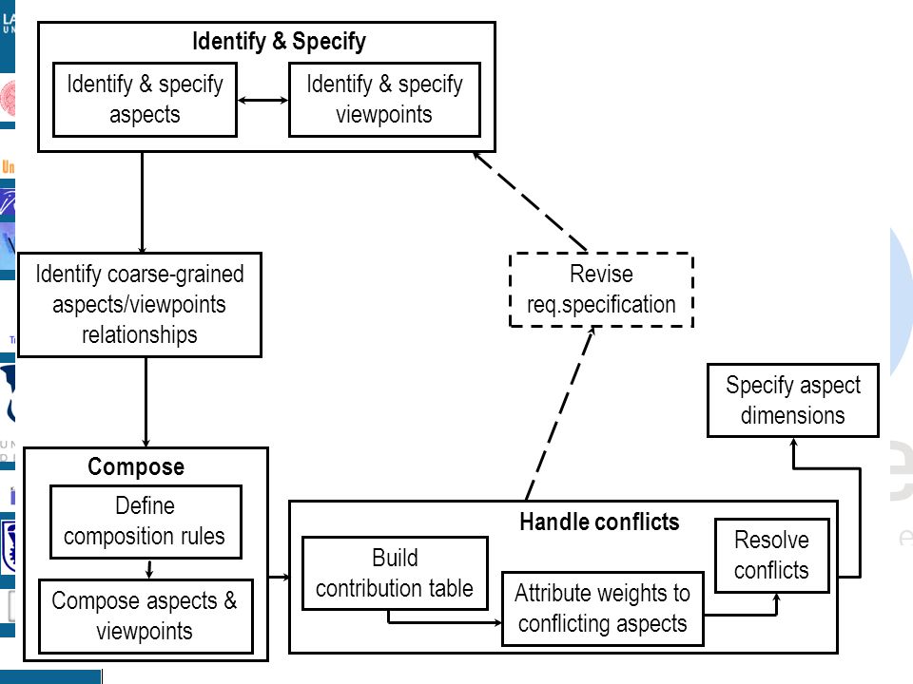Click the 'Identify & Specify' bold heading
[x=279, y=41]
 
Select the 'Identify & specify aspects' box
[x=145, y=100]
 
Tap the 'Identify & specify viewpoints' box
[x=384, y=100]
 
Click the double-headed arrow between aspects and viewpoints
[x=262, y=100]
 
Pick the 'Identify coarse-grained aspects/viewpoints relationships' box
[x=140, y=304]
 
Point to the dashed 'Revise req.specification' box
[x=601, y=290]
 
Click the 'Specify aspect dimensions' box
[x=792, y=400]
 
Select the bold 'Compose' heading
[x=136, y=466]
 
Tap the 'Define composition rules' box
[x=146, y=522]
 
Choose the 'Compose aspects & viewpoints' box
[x=146, y=616]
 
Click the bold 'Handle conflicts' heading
[x=599, y=522]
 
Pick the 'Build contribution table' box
[x=395, y=573]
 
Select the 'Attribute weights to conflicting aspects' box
[x=603, y=608]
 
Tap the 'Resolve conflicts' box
[x=771, y=556]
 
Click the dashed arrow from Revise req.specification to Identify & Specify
[x=530, y=201]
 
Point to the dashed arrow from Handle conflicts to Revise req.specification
[x=560, y=413]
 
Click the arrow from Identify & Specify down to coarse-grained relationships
[x=142, y=202]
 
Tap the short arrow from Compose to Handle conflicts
[x=279, y=577]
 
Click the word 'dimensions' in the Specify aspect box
[x=792, y=416]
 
